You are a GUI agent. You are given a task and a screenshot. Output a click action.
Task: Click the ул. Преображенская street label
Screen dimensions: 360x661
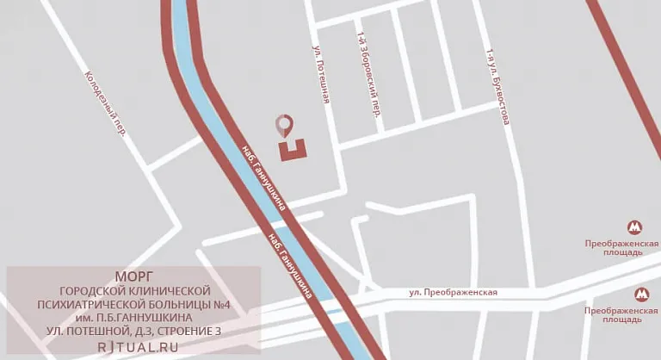[x=454, y=293]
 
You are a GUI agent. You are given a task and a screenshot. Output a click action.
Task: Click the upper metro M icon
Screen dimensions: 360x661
[x=635, y=227]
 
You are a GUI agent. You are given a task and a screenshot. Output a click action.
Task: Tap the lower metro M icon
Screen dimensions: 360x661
[x=641, y=294]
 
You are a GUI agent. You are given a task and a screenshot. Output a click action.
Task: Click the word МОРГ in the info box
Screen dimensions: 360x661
[x=133, y=276]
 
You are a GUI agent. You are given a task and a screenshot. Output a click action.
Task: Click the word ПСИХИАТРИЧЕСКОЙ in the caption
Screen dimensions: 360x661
[x=96, y=303]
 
